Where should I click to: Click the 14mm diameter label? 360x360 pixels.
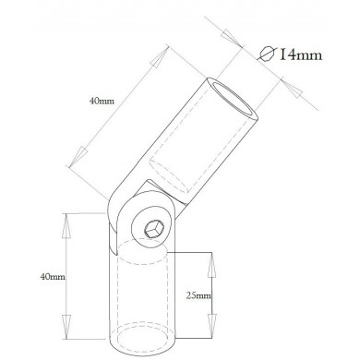(301, 54)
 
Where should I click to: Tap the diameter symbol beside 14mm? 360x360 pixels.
(267, 54)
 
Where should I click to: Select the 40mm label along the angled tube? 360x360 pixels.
(102, 101)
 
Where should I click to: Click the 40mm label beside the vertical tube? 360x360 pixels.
(53, 277)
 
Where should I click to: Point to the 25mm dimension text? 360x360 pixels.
(198, 296)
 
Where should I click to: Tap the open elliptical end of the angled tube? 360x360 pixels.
(233, 100)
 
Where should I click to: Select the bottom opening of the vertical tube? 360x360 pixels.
(143, 339)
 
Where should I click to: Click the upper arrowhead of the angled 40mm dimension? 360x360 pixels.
(158, 58)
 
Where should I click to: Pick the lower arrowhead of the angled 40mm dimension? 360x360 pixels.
(78, 156)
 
